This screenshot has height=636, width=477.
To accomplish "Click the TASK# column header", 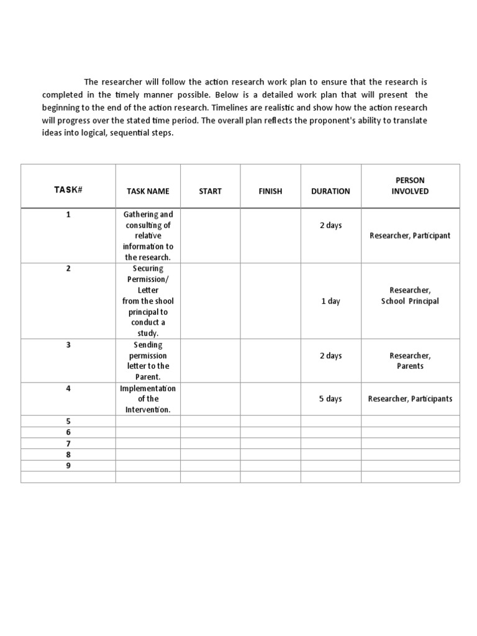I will click(x=68, y=190).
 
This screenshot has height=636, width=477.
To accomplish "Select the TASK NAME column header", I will click(x=148, y=191).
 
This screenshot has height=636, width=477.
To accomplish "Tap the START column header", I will click(x=210, y=191).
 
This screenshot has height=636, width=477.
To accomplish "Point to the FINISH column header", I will click(x=270, y=191).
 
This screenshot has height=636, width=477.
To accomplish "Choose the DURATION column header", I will click(x=330, y=191).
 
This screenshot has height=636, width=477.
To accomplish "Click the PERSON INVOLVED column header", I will click(x=410, y=186).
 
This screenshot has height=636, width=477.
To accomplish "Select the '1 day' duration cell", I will click(x=330, y=301).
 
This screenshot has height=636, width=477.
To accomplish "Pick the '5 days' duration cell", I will click(x=330, y=399).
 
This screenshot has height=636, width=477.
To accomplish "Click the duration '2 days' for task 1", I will click(x=330, y=225).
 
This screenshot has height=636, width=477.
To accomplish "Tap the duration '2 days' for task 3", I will click(x=330, y=356).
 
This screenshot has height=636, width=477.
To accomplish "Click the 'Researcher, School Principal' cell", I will click(x=410, y=296).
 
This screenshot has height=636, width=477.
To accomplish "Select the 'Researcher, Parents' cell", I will click(x=410, y=361).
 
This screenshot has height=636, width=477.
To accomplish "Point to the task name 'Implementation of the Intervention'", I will click(x=148, y=399).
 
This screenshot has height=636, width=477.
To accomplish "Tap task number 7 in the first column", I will click(x=68, y=443).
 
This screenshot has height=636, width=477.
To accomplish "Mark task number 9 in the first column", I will click(x=68, y=466).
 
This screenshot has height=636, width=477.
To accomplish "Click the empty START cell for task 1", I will click(x=210, y=235).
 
